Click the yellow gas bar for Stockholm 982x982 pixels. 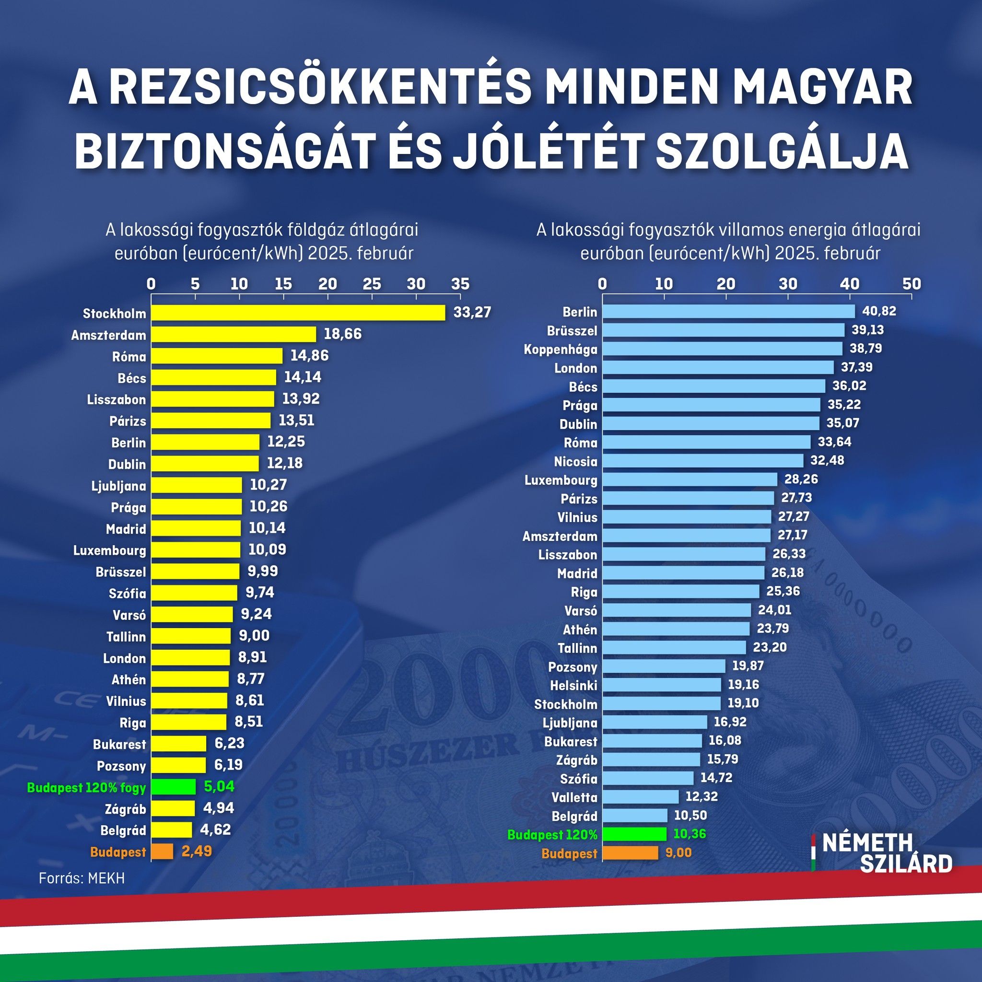[x=298, y=313]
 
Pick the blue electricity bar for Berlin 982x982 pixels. [x=729, y=311]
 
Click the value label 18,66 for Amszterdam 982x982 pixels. [x=342, y=334]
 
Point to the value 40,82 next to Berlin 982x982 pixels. [x=879, y=311]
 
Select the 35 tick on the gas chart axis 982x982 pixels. [x=460, y=284]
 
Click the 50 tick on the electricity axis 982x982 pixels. [x=912, y=284]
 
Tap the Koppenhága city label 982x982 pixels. [x=561, y=349]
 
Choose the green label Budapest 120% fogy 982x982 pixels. [x=86, y=788]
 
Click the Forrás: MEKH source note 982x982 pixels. [x=82, y=878]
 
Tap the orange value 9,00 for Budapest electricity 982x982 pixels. [x=678, y=853]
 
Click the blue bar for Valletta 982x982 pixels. [x=641, y=796]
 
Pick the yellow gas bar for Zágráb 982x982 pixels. [x=173, y=808]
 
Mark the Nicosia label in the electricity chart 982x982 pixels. [x=575, y=461]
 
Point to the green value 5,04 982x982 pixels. [x=219, y=786]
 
